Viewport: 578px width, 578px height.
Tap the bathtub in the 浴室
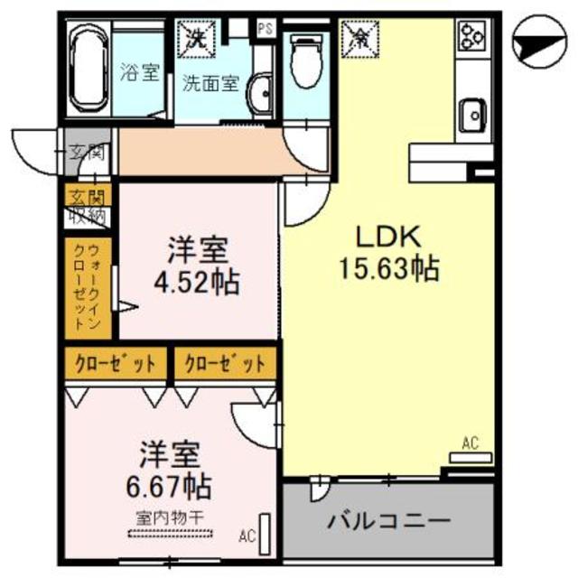(89, 67)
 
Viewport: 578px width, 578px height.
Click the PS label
(266, 29)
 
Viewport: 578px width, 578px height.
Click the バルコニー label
(388, 522)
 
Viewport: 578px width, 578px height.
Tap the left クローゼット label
(116, 364)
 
